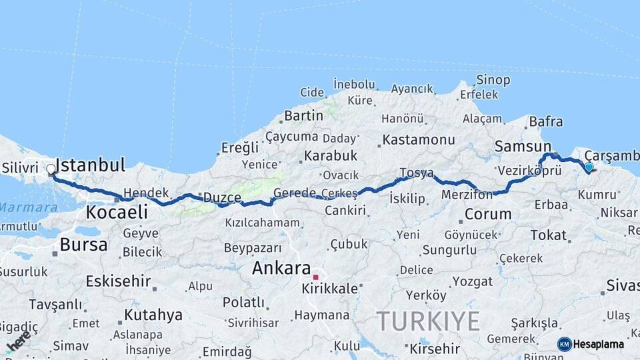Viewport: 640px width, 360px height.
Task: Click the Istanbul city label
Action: point(90,165)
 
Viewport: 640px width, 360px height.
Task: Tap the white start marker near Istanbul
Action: point(51,169)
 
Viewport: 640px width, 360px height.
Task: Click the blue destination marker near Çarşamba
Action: point(589,167)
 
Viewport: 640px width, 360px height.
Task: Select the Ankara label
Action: point(281,269)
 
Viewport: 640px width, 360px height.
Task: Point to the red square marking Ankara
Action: point(316,276)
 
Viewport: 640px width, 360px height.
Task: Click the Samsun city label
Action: point(523,146)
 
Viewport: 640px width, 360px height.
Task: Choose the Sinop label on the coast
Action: point(493,80)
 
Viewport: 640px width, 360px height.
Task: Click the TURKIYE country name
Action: point(428,322)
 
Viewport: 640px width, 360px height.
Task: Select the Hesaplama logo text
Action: point(598,344)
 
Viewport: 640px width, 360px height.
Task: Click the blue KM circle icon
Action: point(564,344)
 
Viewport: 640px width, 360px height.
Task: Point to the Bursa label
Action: point(83,245)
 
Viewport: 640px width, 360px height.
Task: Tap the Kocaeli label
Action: point(116,212)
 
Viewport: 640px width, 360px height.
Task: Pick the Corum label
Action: point(487,215)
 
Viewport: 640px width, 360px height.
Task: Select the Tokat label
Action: point(549,235)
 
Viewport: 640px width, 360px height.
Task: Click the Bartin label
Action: point(303,115)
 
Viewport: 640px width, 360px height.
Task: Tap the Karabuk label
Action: point(331,156)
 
